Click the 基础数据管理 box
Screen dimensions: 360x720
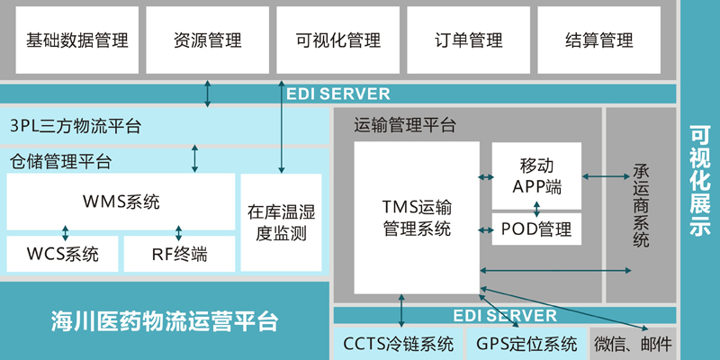point(77,40)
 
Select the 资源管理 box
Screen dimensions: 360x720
point(208,40)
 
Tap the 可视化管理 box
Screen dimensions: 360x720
point(337,40)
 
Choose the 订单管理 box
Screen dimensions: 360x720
point(468,40)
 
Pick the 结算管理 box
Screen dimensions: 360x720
point(598,40)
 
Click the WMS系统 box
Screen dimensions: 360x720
point(120,202)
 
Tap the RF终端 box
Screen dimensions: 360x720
point(179,254)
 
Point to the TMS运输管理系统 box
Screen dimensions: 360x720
point(415,217)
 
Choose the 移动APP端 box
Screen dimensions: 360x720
point(536,175)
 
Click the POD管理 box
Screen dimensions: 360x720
point(536,229)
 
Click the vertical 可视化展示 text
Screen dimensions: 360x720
point(699,180)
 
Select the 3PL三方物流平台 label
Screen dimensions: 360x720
point(76,125)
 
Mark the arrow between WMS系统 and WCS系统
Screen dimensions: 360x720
point(66,230)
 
